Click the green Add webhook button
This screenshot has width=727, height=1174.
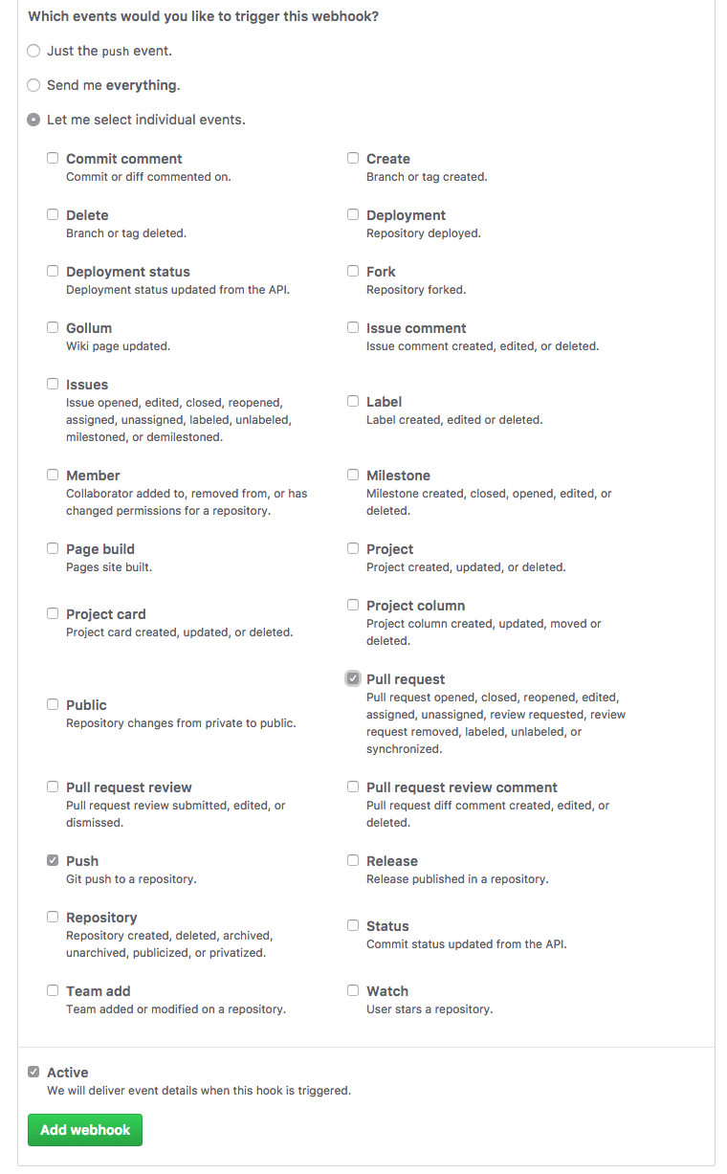[x=85, y=1130]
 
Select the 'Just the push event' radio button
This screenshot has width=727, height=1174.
[x=33, y=51]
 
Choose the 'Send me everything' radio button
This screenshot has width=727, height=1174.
[x=33, y=85]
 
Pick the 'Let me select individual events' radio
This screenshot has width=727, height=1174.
[x=33, y=120]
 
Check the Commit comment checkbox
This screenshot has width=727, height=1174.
[x=53, y=159]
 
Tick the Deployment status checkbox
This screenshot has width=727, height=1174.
[x=53, y=272]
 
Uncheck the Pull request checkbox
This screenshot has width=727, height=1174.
[x=353, y=678]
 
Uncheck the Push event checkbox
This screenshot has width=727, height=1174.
[x=53, y=861]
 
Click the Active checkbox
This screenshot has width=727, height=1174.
[x=33, y=1073]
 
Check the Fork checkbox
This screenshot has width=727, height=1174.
[x=353, y=272]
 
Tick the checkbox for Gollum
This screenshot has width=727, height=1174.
[x=53, y=328]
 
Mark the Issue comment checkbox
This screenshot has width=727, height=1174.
[x=353, y=328]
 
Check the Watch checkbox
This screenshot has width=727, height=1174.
[x=353, y=991]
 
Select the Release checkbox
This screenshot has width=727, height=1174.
[x=353, y=861]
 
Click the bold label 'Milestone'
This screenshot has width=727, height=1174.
[x=398, y=476]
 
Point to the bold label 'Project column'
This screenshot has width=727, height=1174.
[x=415, y=606]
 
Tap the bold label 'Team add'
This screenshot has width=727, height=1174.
[x=98, y=991]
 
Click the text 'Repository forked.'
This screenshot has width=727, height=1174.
[x=416, y=290]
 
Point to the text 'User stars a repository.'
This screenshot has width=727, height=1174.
[x=430, y=1009]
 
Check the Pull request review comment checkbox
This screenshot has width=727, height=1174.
[x=353, y=787]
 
